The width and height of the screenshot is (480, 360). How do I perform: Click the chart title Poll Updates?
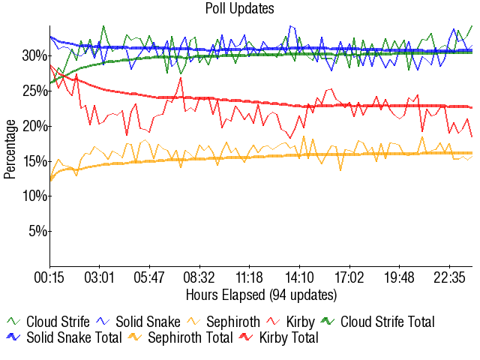tap(240, 9)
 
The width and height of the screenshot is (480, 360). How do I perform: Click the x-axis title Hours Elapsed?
tap(261, 295)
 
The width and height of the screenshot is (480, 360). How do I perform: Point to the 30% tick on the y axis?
tap(35, 55)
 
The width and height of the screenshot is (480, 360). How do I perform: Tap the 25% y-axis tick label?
tap(35, 91)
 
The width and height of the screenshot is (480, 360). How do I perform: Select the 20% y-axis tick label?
tap(35, 126)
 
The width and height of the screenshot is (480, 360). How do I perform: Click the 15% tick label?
tap(35, 161)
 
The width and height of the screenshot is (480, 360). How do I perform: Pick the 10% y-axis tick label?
tap(35, 196)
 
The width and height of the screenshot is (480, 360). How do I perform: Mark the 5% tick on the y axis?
tap(38, 231)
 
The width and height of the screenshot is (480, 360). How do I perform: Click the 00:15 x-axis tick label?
tap(50, 277)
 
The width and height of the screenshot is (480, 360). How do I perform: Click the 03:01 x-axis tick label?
tap(100, 277)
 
